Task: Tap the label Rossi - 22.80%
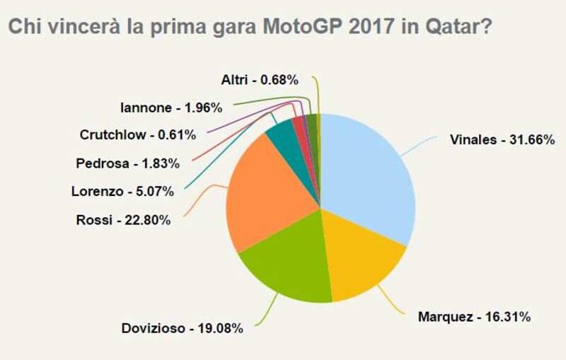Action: click(122, 220)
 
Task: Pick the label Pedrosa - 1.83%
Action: click(127, 163)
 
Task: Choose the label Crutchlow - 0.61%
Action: click(137, 134)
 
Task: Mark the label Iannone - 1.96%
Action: click(172, 108)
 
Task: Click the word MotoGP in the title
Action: click(304, 28)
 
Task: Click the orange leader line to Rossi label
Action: click(205, 198)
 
